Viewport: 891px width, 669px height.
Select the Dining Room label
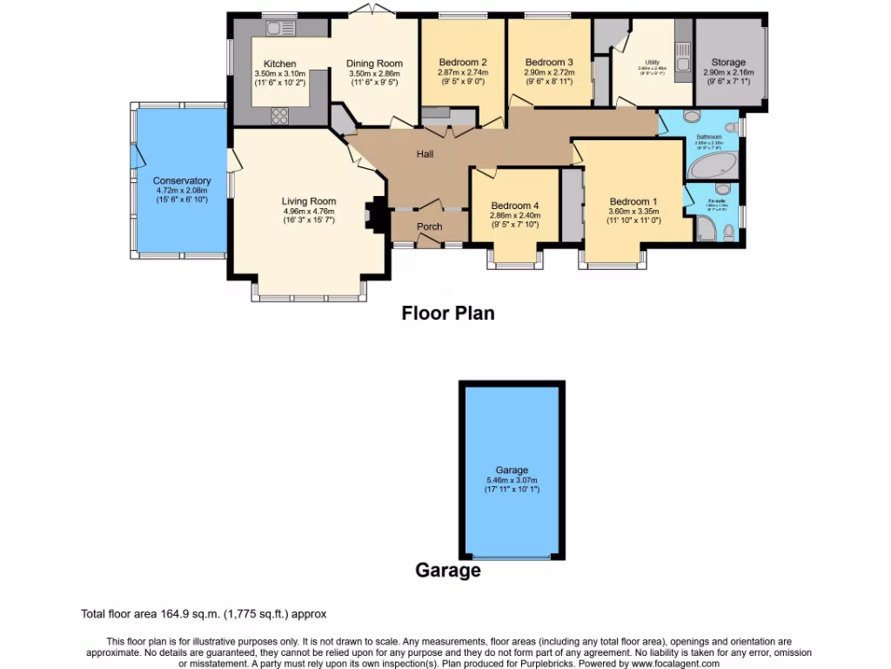(374, 64)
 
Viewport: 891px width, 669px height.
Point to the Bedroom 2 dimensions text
(462, 78)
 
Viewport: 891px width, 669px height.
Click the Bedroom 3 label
(549, 62)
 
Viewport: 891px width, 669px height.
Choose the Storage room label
(728, 63)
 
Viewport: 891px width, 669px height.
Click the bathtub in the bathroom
(713, 165)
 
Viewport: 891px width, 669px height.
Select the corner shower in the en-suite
(707, 229)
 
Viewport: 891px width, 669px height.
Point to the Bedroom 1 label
(633, 200)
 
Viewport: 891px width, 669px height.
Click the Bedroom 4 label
(514, 206)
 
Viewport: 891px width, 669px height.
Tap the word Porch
(429, 226)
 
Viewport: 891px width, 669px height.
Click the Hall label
(425, 154)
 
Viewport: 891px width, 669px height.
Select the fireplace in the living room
(375, 214)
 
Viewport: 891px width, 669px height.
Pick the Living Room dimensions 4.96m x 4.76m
(310, 211)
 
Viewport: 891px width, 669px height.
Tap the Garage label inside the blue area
(512, 470)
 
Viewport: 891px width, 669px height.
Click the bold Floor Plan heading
(447, 313)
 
